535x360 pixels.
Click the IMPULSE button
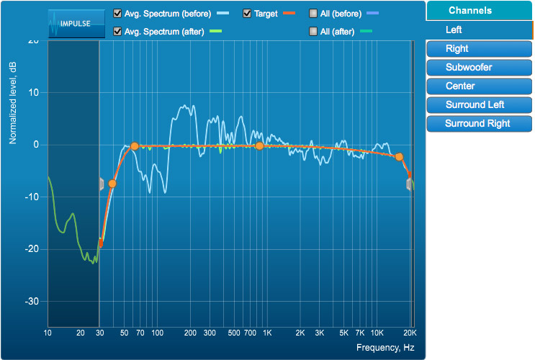(71, 22)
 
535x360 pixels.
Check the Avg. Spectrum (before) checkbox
(118, 14)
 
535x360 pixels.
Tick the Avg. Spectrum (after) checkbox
(118, 31)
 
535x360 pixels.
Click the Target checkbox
(247, 14)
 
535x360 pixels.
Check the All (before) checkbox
(313, 14)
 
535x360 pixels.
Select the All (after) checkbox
(313, 31)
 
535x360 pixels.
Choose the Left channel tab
(479, 30)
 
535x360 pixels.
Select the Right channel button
(479, 49)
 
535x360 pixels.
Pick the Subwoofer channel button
(479, 68)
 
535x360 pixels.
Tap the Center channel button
(479, 86)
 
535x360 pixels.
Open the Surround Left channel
(479, 105)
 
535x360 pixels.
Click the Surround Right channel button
(479, 124)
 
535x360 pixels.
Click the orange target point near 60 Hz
(134, 146)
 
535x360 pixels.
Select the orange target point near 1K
(259, 146)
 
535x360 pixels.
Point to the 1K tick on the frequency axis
(266, 333)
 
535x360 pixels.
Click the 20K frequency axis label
(410, 333)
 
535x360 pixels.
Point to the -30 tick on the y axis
(33, 301)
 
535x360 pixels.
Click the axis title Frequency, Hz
(385, 348)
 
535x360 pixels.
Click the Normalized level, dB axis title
(13, 102)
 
